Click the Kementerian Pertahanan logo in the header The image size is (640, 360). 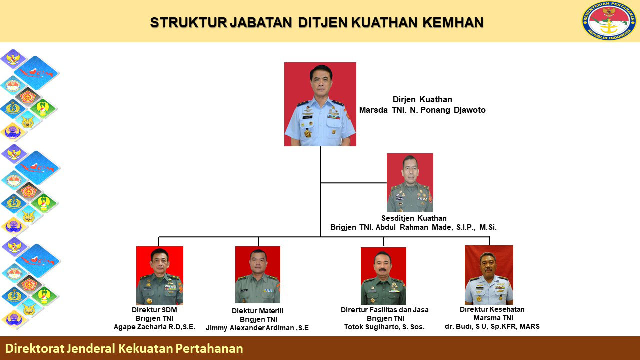tap(609, 21)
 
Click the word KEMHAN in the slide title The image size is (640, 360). tap(453, 23)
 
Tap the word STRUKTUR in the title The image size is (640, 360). tap(188, 23)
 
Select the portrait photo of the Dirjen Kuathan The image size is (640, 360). tap(320, 104)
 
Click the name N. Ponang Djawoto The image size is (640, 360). tap(447, 110)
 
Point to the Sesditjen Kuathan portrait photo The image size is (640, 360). tap(410, 183)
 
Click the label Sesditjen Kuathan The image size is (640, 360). tap(414, 218)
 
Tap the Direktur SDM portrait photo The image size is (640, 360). tap(160, 275)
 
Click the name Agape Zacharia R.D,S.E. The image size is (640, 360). tap(154, 327)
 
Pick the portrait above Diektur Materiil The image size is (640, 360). tap(258, 275)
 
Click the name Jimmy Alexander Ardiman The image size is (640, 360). tap(250, 328)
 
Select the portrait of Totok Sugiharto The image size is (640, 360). tap(383, 276)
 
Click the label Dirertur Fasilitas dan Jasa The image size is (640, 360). tap(385, 310)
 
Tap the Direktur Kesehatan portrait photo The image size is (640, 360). tap(489, 275)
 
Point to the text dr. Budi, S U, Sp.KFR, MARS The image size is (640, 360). tap(492, 326)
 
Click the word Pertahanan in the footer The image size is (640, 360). tap(209, 349)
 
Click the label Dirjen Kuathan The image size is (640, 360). tap(422, 99)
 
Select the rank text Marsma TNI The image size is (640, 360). tap(493, 318)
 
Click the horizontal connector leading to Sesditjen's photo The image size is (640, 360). tap(353, 183)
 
